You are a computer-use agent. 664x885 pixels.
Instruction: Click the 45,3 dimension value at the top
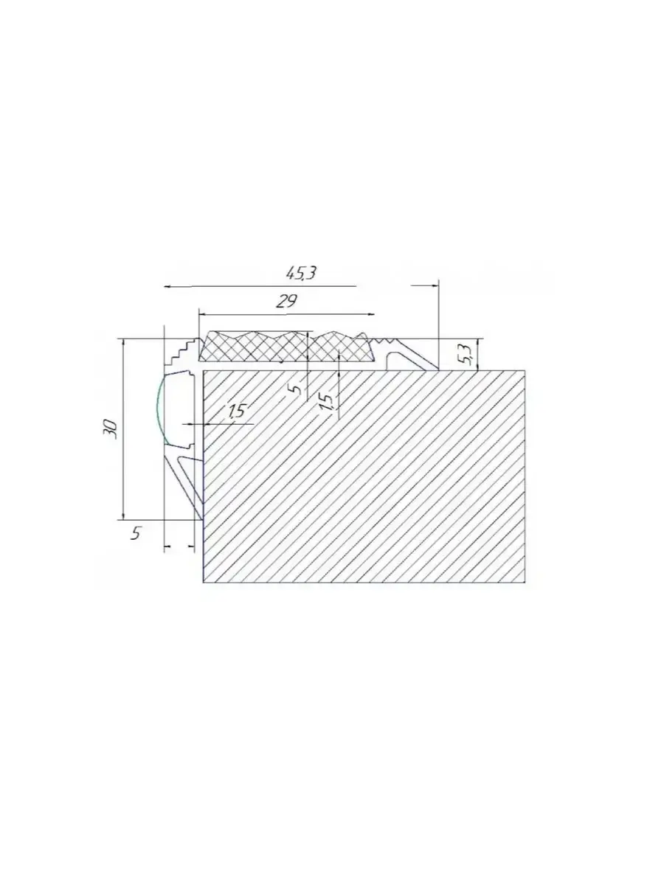(x=301, y=274)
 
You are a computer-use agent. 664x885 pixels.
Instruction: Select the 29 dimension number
(x=286, y=301)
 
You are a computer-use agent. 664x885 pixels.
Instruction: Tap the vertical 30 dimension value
(x=111, y=429)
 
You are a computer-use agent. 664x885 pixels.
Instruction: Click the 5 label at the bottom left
(x=136, y=533)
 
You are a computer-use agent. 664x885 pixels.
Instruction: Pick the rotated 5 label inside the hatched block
(x=297, y=389)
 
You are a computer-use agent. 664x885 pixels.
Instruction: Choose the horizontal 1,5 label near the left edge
(x=237, y=411)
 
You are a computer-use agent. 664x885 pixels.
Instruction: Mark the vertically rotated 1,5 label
(x=326, y=402)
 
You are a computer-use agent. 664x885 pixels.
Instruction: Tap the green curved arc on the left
(x=158, y=409)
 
